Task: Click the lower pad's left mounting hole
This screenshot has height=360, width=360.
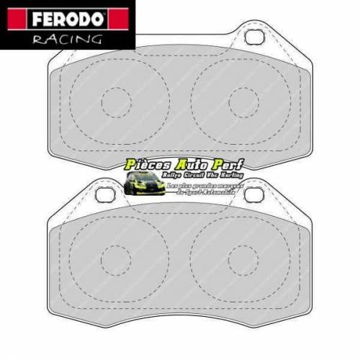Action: (105, 194)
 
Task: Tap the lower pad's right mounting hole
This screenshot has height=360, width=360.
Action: (253, 194)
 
